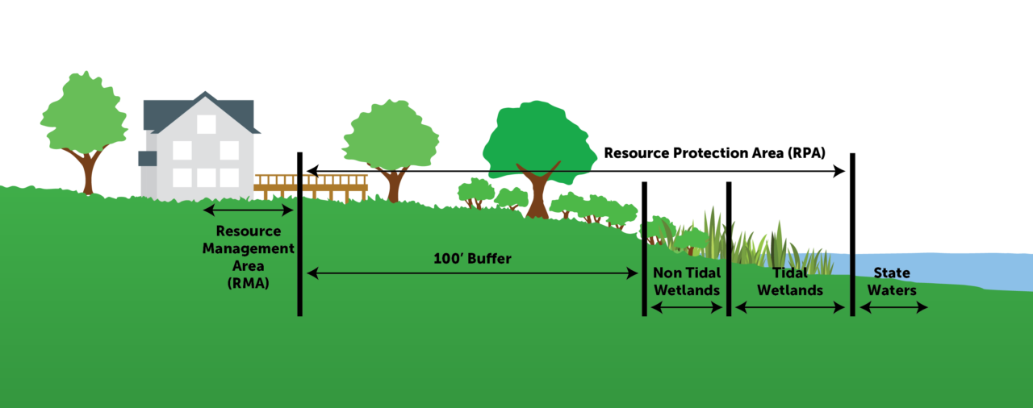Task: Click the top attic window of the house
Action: [207, 124]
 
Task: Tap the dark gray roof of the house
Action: [234, 113]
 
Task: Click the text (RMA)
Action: [248, 283]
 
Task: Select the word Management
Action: [248, 248]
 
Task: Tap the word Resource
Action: [248, 231]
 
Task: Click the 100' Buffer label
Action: [472, 259]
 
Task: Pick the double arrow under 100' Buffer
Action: [472, 274]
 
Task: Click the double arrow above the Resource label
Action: [248, 210]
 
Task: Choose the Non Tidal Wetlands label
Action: [687, 281]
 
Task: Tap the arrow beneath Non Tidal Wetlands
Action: [687, 307]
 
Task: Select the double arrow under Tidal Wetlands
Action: [790, 307]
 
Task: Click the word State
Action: [892, 273]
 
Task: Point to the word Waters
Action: [892, 290]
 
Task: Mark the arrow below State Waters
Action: [893, 307]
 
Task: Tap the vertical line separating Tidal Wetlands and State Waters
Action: [852, 282]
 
